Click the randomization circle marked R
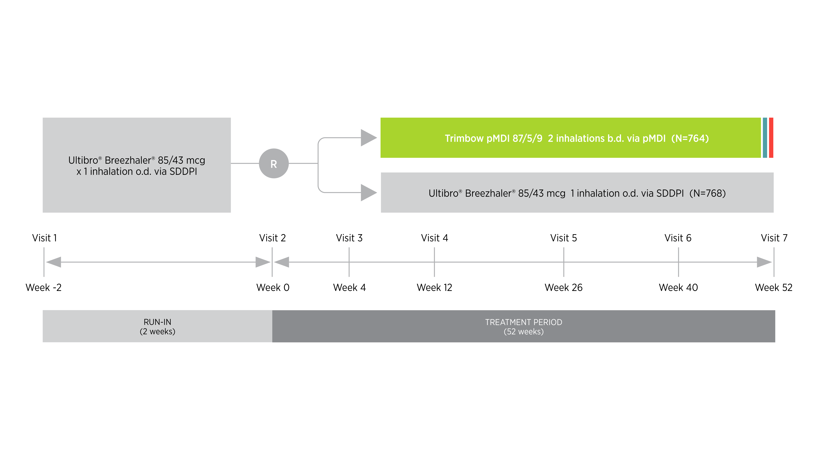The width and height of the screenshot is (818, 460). [x=274, y=163]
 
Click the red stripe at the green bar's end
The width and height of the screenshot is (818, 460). [x=771, y=138]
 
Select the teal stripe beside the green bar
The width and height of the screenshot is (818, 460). [x=765, y=138]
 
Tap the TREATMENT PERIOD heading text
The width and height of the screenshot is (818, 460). [x=523, y=322]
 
